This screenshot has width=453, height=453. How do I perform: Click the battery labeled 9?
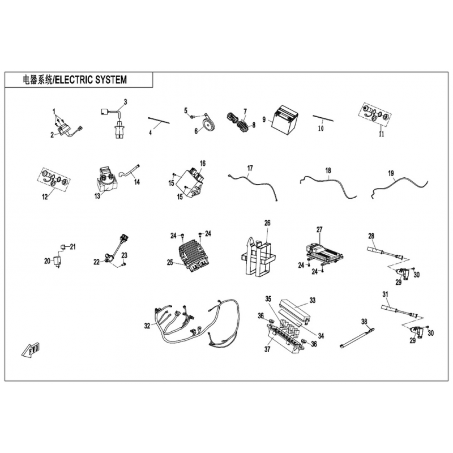[x=284, y=121]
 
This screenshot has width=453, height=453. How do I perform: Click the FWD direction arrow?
[x=31, y=350]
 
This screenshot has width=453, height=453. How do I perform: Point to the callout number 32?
[x=147, y=326]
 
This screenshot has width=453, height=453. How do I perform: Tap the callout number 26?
[x=267, y=223]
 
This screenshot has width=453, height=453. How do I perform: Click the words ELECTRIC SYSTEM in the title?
[x=91, y=79]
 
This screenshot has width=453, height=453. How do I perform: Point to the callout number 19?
[x=391, y=173]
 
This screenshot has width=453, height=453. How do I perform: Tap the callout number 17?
[x=250, y=168]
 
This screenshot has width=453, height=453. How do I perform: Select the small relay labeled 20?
[x=57, y=262]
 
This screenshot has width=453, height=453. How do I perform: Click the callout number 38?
[x=364, y=322]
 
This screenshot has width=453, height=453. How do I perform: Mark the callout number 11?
[x=381, y=134]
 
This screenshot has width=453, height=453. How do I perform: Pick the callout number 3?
[x=125, y=102]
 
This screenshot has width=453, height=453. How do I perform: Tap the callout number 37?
[x=267, y=349]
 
